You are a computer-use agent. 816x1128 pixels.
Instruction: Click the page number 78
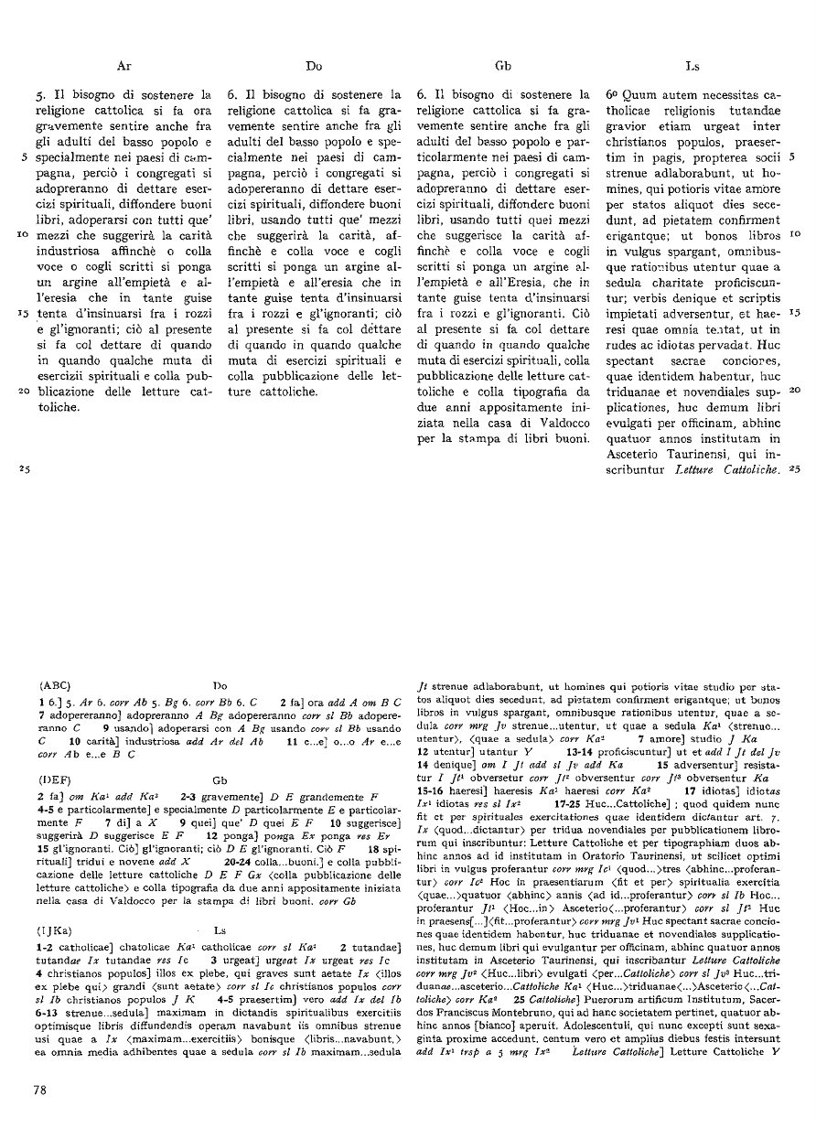(x=40, y=1088)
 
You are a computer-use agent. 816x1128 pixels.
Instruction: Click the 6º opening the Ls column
(x=612, y=94)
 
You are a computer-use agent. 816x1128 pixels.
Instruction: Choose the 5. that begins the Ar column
(x=38, y=94)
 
